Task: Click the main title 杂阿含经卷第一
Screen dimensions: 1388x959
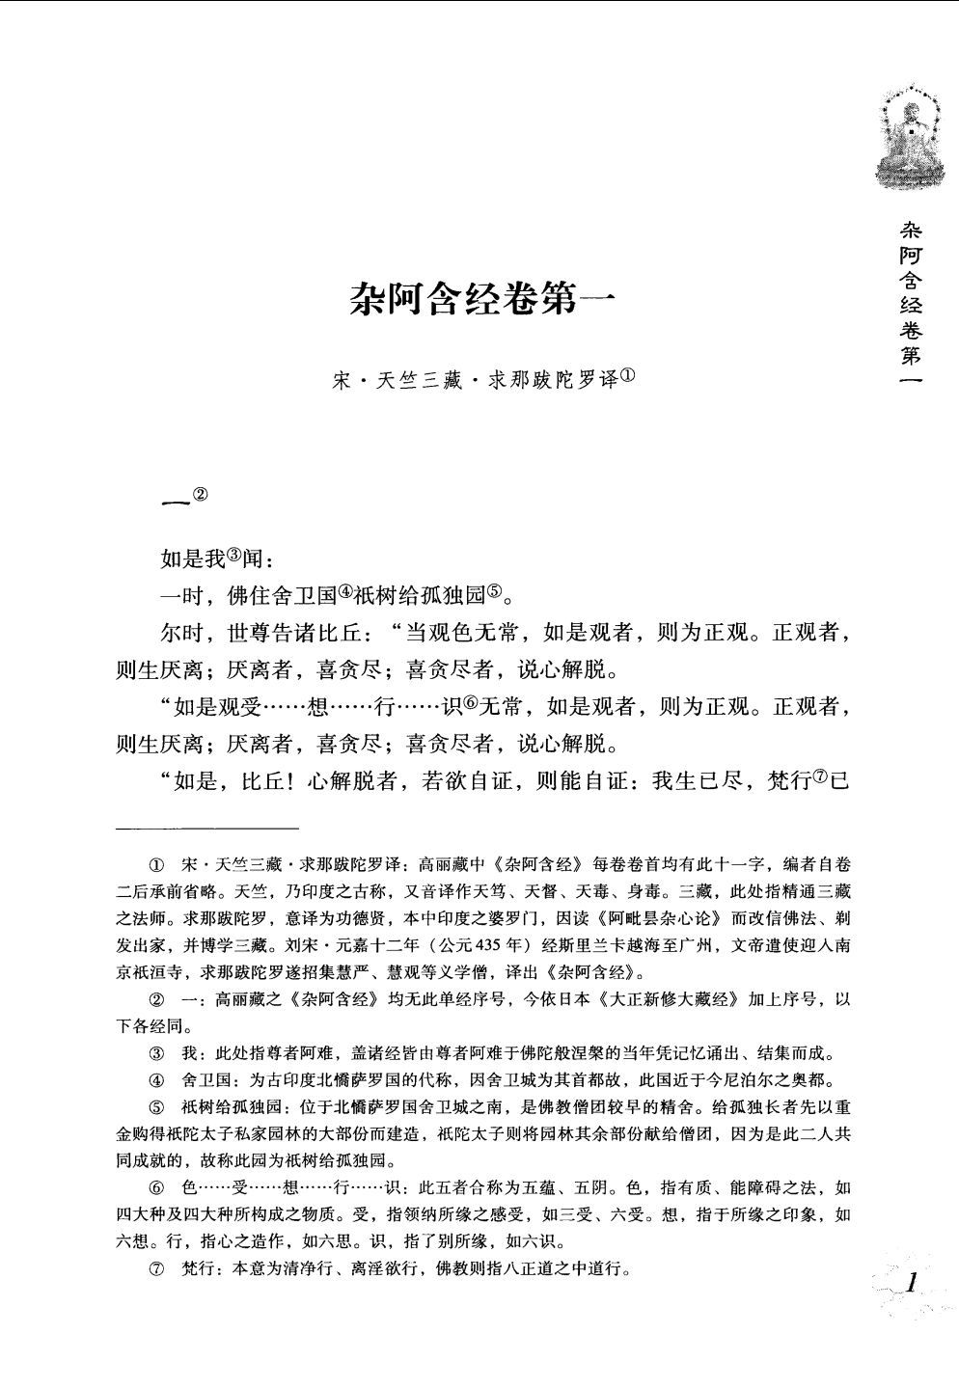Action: (479, 302)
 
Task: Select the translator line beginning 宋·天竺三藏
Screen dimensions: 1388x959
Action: (479, 381)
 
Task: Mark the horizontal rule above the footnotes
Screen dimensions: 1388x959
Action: (207, 828)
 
